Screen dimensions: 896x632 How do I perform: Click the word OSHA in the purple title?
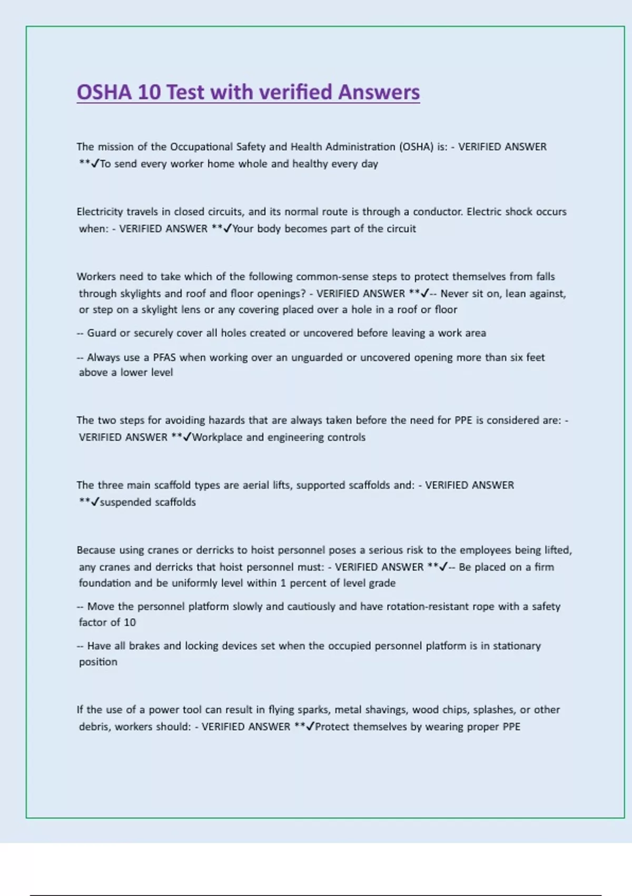(x=104, y=92)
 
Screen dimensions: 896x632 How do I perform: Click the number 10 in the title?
(x=149, y=92)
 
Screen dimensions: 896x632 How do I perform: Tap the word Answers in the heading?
(x=379, y=92)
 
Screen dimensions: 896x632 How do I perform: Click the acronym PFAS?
(x=164, y=357)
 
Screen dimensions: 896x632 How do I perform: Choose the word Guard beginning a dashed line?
(x=102, y=333)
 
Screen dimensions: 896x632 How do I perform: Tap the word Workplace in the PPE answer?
(x=218, y=437)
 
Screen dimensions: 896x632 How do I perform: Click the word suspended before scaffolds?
(x=123, y=502)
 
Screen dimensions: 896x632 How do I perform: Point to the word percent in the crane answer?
(x=314, y=583)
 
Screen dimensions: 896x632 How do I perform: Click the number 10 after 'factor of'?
(x=130, y=622)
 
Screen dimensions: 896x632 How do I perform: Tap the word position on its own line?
(x=98, y=662)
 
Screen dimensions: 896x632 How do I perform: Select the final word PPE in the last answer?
(x=511, y=727)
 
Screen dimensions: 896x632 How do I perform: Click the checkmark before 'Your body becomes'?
(x=228, y=229)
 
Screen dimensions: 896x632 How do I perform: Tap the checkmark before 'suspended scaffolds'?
(x=95, y=502)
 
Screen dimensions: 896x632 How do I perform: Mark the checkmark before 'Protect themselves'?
(x=310, y=727)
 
